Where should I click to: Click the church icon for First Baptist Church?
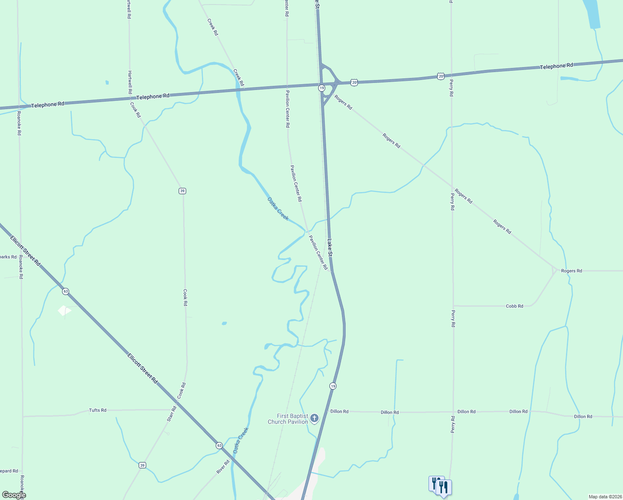(314, 418)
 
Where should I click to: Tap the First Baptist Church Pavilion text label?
(288, 419)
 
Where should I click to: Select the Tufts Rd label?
(97, 410)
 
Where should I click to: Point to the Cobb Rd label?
(514, 306)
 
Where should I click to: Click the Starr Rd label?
(172, 414)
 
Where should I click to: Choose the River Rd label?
(223, 467)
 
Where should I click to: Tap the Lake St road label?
(330, 248)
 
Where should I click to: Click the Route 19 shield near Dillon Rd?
(332, 386)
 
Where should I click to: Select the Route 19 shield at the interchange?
(321, 88)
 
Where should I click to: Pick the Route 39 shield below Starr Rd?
(142, 465)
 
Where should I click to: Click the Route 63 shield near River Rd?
(219, 445)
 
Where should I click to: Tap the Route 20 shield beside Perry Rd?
(441, 76)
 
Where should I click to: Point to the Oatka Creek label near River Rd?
(241, 440)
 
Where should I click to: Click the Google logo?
(14, 495)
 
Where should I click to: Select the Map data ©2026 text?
(605, 497)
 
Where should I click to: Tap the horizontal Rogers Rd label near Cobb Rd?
(571, 271)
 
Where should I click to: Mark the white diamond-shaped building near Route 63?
(64, 310)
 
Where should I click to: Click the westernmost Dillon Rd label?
(339, 411)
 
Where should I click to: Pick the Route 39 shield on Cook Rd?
(182, 191)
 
